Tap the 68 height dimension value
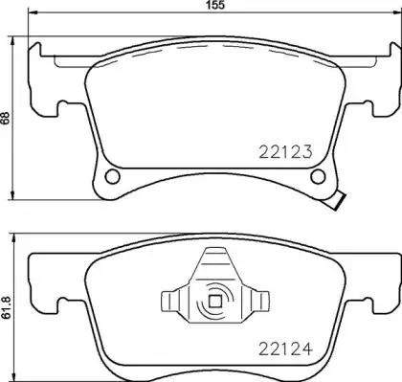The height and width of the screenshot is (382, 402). pos(7,119)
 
